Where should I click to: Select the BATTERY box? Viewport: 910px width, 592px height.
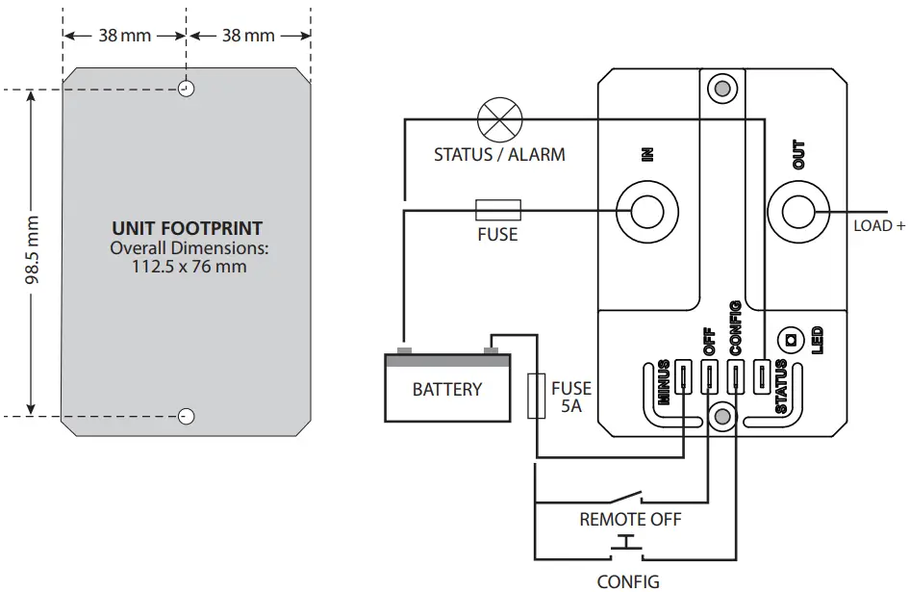point(446,388)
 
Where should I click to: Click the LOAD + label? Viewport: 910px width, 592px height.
point(879,227)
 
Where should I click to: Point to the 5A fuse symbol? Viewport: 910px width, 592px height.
point(538,396)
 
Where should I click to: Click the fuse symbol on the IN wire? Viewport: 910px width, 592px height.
point(498,209)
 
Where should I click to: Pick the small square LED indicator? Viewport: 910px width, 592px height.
point(792,339)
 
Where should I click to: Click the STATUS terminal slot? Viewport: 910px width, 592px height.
point(761,375)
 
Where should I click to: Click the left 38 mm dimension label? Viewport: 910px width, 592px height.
point(124,36)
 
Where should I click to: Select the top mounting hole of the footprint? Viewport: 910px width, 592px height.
point(187,90)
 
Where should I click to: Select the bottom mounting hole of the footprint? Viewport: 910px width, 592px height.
point(187,416)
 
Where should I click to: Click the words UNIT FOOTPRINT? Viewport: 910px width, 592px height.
point(188,229)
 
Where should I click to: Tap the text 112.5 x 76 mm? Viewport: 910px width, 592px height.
point(189,266)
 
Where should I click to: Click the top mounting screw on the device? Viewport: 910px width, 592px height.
point(720,90)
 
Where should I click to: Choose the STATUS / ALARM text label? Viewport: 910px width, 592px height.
point(499,154)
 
